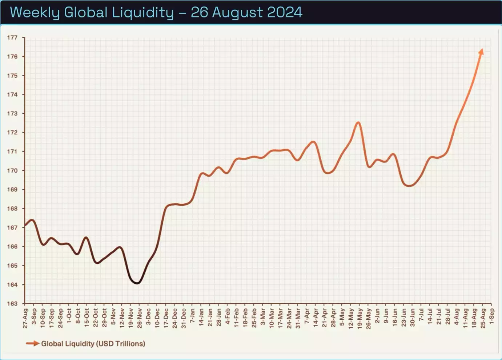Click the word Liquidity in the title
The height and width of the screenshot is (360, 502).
142,12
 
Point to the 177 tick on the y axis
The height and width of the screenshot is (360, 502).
12,37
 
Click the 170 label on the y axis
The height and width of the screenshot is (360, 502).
12,170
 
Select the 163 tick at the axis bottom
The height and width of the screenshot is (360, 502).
12,304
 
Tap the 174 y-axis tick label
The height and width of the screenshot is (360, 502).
12,94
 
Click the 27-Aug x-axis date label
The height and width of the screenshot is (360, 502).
25,318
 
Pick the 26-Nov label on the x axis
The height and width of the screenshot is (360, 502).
140,318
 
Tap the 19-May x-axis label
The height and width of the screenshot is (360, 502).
360,318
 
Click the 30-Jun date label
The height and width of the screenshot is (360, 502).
413,318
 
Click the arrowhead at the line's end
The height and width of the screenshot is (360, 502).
481,52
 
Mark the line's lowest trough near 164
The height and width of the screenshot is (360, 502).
137,283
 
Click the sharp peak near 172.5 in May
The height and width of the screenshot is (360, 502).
359,122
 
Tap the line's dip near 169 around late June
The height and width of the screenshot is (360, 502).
409,186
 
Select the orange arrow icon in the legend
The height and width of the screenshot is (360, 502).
33,343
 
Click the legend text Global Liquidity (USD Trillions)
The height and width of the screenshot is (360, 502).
93,344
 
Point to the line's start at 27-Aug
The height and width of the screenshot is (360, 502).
25,226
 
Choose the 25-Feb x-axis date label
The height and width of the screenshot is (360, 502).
254,318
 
